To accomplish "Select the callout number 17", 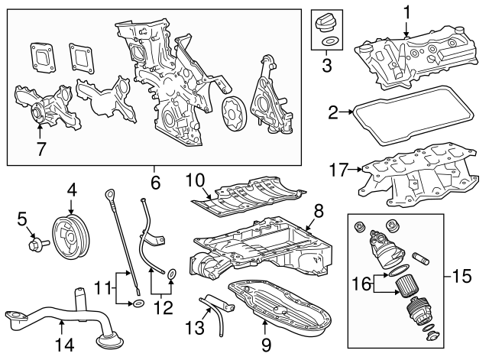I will coord(339,170).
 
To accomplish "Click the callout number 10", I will coord(196,181).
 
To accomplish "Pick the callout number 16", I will coord(361,284).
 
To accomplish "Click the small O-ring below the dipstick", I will coord(136,303).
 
